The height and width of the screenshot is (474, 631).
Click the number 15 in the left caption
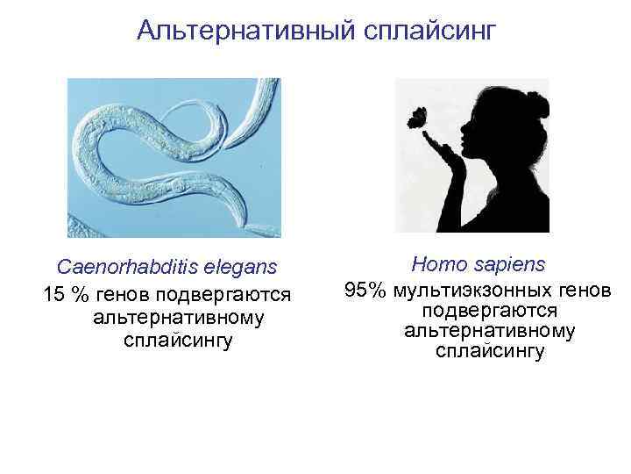point(54,292)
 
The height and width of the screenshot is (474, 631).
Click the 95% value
point(366,289)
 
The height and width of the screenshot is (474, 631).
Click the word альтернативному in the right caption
point(489,331)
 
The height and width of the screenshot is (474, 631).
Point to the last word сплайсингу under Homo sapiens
point(489,352)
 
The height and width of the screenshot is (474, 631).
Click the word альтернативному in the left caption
point(177,317)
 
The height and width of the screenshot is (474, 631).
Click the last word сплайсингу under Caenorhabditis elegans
point(178,340)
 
